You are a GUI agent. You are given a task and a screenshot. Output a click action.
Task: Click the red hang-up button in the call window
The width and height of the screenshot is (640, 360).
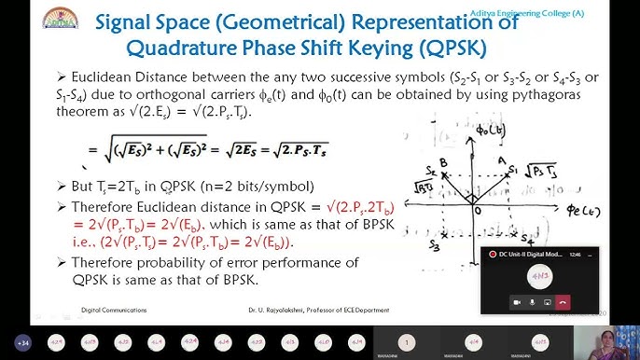point(563,301)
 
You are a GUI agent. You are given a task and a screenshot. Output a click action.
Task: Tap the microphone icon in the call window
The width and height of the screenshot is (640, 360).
point(532,301)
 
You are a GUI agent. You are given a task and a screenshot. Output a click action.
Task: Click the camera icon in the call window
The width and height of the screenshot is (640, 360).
point(516,301)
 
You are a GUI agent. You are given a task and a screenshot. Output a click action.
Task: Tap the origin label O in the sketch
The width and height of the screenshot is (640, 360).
point(478,210)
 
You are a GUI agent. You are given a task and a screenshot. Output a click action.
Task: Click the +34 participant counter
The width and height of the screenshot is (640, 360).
point(23,343)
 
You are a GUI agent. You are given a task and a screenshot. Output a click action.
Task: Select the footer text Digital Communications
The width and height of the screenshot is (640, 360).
point(105,311)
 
